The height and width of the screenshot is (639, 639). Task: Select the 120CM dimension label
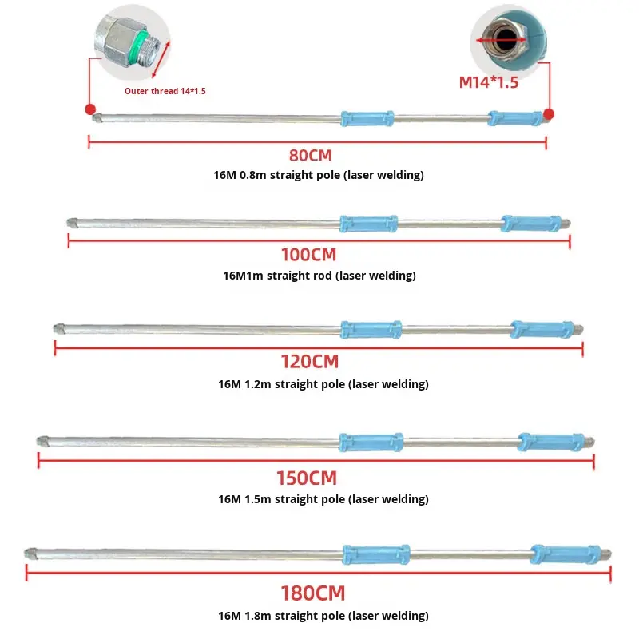[309, 362]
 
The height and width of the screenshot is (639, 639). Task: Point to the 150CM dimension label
[307, 478]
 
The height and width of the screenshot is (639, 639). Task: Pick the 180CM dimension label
[312, 594]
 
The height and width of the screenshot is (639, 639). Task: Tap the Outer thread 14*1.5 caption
[165, 91]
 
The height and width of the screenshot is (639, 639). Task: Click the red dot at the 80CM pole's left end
[90, 109]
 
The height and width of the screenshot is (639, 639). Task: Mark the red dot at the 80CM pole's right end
[549, 114]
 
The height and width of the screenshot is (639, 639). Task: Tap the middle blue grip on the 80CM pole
[367, 118]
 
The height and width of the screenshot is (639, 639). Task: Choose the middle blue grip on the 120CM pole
[371, 329]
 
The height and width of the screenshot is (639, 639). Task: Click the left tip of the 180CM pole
[30, 552]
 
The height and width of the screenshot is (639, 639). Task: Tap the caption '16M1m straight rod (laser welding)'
[319, 276]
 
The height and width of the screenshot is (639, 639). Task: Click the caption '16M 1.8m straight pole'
[323, 616]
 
